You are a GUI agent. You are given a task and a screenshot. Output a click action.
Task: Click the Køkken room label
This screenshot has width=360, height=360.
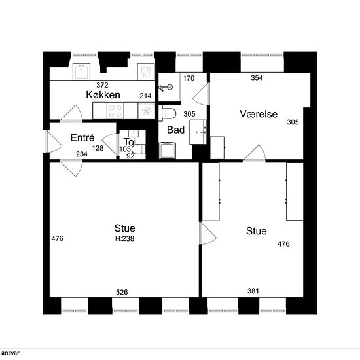(103, 95)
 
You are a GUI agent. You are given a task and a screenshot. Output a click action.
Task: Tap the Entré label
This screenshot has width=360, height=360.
(82, 137)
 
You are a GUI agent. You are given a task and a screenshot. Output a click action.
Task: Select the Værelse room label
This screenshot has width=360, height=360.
(259, 114)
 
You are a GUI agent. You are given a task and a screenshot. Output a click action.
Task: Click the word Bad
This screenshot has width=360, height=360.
(175, 130)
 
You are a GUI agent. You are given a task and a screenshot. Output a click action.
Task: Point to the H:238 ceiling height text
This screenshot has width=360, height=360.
(124, 238)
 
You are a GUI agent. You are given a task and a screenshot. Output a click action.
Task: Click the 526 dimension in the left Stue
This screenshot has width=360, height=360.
(122, 292)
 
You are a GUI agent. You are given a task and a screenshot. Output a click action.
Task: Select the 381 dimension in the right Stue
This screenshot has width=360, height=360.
(253, 291)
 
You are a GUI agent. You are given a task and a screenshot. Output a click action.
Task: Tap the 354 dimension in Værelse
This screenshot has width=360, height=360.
(257, 78)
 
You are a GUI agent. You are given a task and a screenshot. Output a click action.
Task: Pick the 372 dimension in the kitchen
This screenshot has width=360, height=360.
(102, 85)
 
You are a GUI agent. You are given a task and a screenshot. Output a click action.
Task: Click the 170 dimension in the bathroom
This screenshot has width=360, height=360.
(189, 78)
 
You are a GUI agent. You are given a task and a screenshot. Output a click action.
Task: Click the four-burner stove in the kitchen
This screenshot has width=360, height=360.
(115, 111)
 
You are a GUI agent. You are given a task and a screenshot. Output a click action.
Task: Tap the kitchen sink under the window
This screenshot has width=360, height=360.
(81, 72)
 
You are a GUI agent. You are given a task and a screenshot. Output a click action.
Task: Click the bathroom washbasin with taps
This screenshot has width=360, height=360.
(198, 132)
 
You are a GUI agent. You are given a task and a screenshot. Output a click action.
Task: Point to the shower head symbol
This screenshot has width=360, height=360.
(166, 88)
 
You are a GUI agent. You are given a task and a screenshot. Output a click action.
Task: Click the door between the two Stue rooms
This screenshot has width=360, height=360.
(207, 233)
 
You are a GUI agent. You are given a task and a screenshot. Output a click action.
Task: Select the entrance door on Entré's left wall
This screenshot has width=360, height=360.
(53, 141)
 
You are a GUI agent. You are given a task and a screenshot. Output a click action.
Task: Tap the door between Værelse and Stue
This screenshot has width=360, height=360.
(255, 153)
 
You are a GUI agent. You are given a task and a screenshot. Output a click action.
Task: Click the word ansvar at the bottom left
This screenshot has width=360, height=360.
(10, 353)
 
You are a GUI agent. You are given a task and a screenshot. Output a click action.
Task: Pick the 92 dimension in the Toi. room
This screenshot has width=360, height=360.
(130, 156)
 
